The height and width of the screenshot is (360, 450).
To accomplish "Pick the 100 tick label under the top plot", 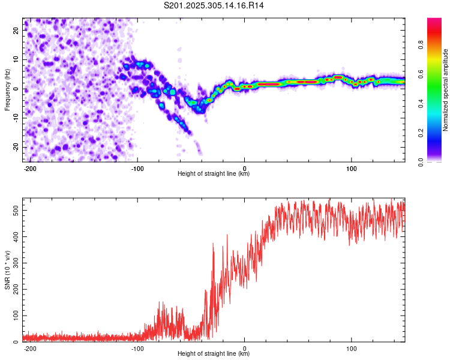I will [352, 168].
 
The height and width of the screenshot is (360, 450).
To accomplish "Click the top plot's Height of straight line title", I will [214, 174].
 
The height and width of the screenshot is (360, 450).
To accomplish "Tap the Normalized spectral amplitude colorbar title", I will [446, 90].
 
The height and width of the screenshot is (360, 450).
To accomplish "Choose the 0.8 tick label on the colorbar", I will [438, 44].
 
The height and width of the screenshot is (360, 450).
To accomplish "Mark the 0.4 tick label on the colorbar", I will [438, 103].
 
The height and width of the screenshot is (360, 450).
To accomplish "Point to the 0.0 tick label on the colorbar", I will [438, 161].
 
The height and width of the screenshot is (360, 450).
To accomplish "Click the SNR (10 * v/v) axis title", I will [7, 270].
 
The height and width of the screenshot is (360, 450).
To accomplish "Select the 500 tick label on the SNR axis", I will [14, 211].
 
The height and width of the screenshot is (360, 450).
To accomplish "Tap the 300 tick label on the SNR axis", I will [14, 263].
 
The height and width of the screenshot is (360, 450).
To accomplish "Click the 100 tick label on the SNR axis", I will [14, 315].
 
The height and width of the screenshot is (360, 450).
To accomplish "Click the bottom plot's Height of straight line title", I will [214, 354].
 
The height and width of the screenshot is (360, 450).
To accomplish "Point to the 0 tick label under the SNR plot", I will [245, 348].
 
